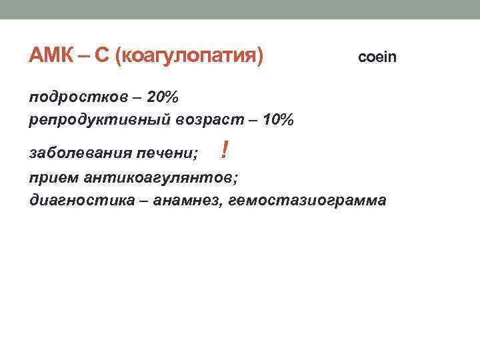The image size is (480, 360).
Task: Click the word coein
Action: tap(377, 57)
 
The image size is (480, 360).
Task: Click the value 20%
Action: tap(163, 98)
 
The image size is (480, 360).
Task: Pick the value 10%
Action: tap(277, 120)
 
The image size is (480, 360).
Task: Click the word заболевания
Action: tap(81, 155)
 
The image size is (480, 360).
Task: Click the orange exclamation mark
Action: tap(225, 152)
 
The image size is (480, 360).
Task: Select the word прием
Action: tap(54, 178)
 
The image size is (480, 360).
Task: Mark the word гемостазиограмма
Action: tap(307, 201)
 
